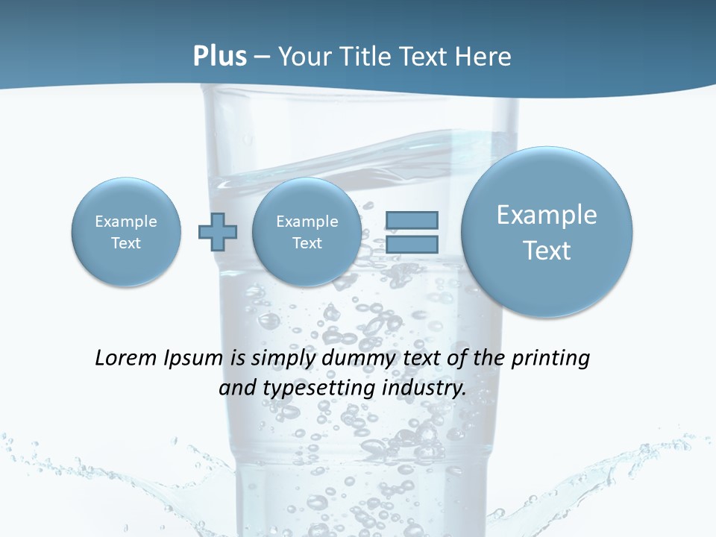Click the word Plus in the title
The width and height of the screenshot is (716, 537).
(x=219, y=56)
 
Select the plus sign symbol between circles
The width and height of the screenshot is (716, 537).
(x=218, y=232)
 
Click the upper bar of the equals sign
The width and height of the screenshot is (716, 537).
(x=412, y=220)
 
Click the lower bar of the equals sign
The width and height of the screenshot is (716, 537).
(x=412, y=244)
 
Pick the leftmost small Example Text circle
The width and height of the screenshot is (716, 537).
(x=126, y=232)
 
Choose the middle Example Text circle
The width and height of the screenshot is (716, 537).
(x=307, y=232)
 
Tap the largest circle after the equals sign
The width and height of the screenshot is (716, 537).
(x=547, y=232)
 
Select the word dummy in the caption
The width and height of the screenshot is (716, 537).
(x=355, y=359)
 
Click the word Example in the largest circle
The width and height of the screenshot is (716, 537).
(x=547, y=215)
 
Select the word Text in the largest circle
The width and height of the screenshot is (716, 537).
(x=547, y=251)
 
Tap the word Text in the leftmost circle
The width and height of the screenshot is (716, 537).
(x=126, y=243)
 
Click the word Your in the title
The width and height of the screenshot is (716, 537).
(x=303, y=56)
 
